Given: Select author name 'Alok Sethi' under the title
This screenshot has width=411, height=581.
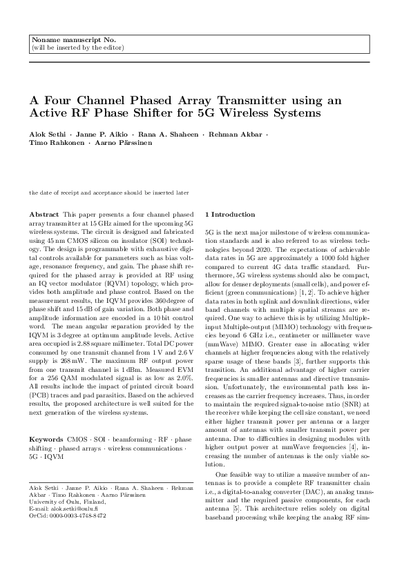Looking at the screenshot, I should tap(47, 132).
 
